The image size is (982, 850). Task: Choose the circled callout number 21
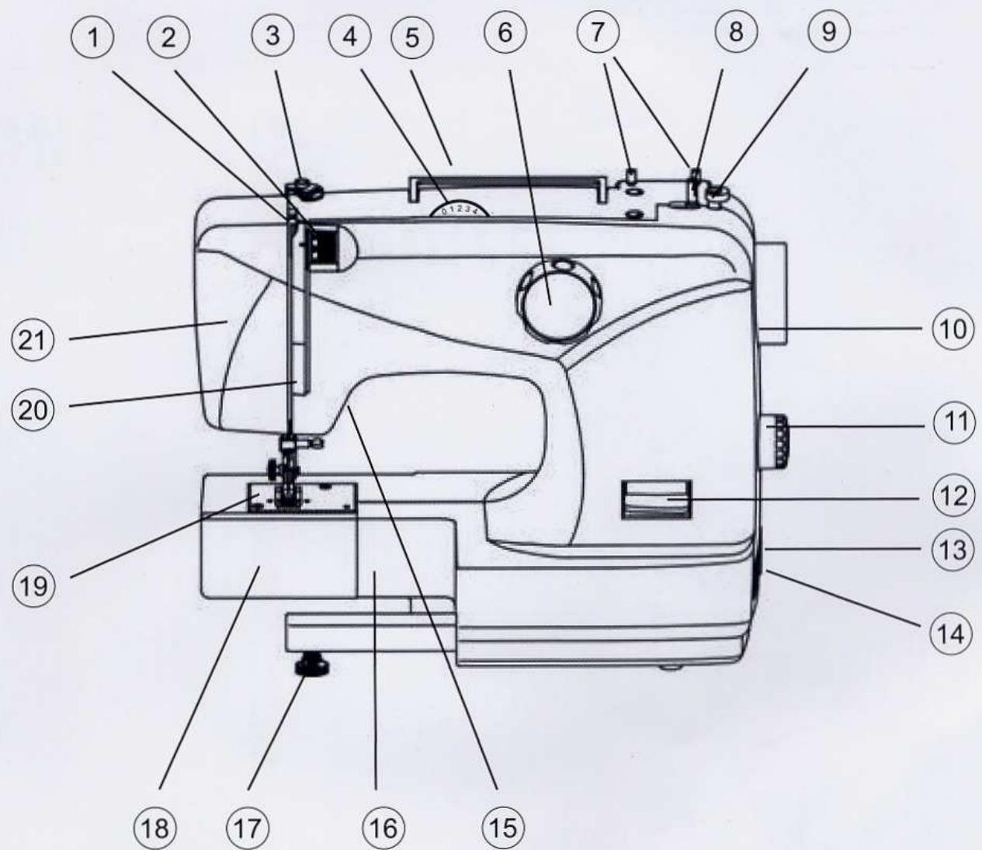pos(32,342)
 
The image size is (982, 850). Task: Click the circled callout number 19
pos(32,585)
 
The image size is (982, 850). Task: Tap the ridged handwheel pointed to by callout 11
pos(776,442)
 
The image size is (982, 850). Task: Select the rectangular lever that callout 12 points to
pos(655,499)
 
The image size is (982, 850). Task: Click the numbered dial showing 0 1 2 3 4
pos(458,208)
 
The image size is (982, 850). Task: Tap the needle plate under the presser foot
pos(303,497)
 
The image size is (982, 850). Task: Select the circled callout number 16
pos(383,828)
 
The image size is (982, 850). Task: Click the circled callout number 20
pos(32,407)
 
